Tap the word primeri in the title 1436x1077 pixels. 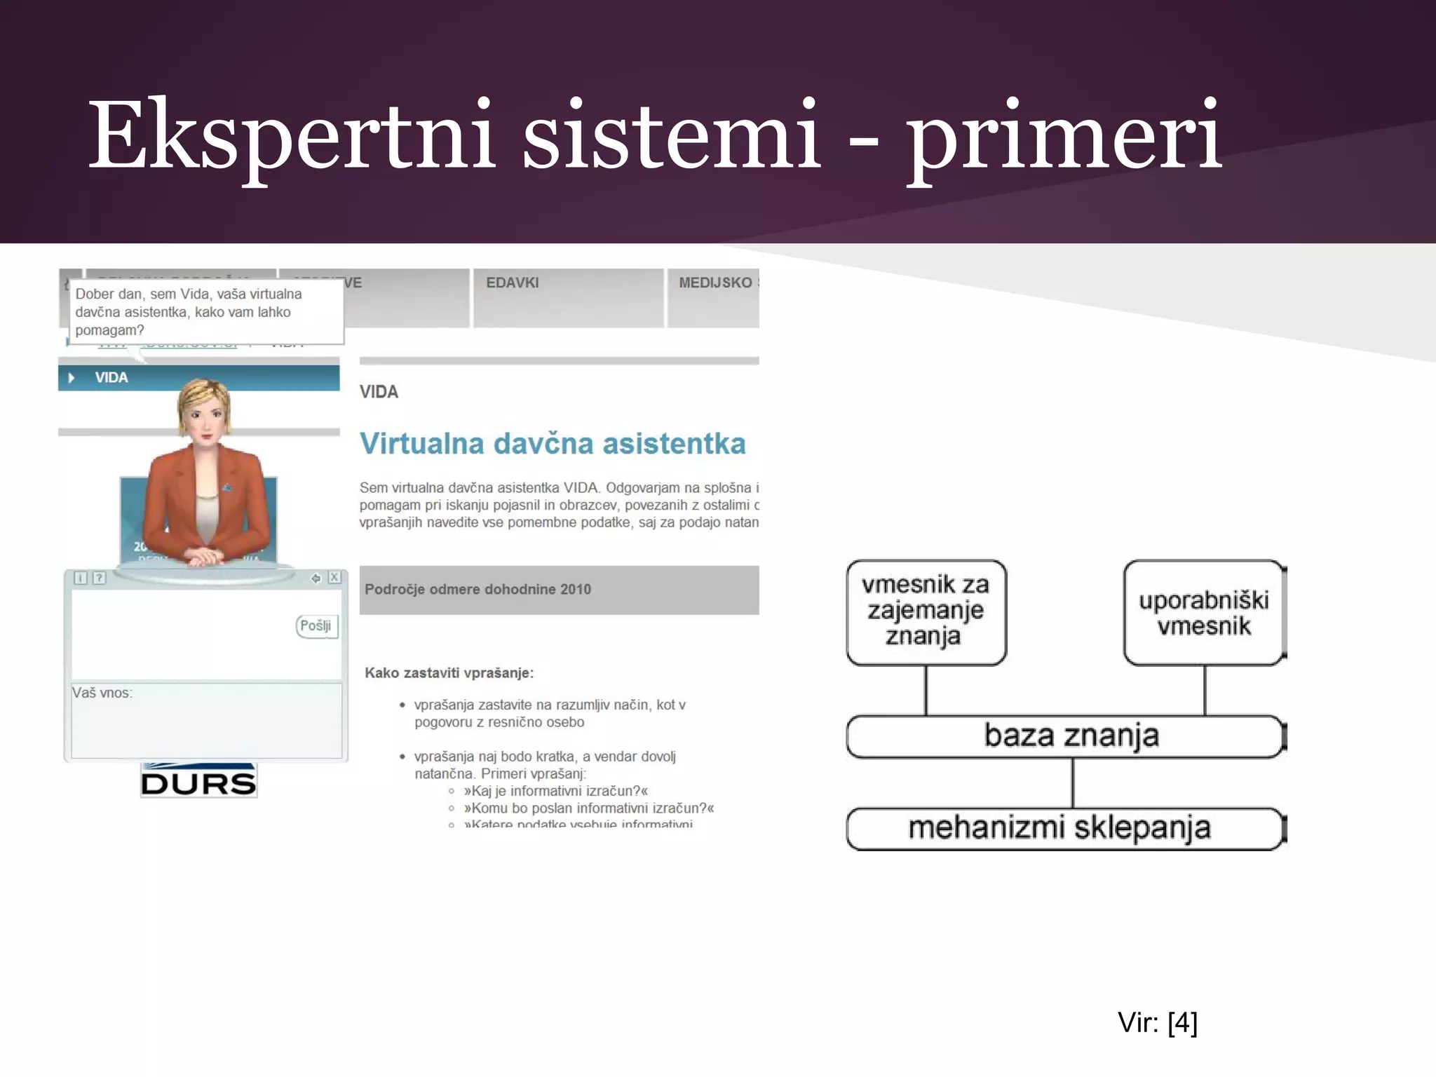click(1064, 135)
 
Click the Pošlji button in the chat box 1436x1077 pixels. click(316, 625)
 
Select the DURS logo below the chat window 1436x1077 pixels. click(198, 781)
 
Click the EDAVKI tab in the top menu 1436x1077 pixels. click(513, 283)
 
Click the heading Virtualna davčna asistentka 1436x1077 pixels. click(553, 444)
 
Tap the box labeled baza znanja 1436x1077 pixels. click(1066, 736)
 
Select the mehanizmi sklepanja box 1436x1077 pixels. click(1066, 828)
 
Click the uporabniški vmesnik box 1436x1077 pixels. click(1204, 613)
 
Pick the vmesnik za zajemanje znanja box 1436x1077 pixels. click(926, 611)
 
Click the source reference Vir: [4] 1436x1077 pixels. click(1158, 1022)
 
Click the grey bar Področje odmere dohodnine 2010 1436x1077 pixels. click(559, 590)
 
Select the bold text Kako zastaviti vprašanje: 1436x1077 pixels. click(449, 673)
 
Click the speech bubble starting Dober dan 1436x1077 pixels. click(205, 312)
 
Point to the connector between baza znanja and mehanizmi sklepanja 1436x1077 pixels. click(1073, 783)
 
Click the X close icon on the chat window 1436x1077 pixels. click(335, 578)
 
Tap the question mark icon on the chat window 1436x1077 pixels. click(100, 578)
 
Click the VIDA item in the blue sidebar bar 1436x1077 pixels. click(111, 378)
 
